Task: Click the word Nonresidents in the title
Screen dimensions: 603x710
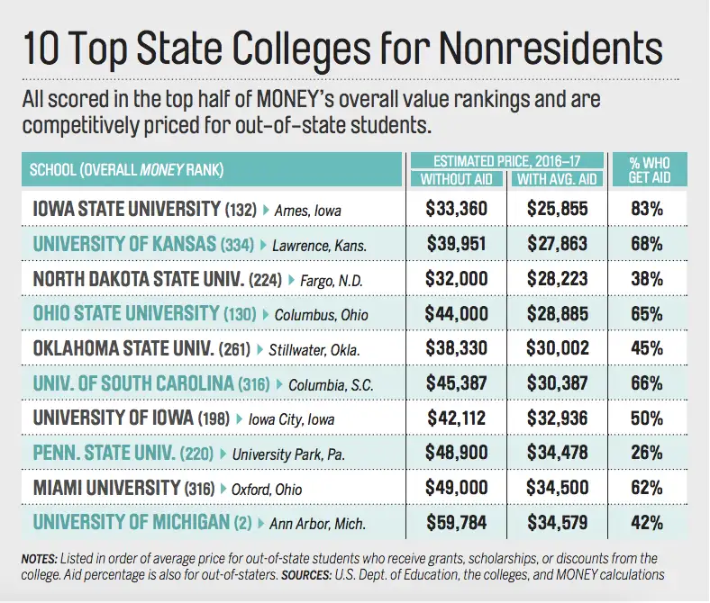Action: (x=542, y=48)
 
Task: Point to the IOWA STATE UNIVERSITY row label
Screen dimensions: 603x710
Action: (x=125, y=209)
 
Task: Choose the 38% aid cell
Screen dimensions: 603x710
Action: (x=646, y=279)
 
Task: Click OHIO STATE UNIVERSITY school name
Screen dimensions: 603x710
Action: (x=125, y=314)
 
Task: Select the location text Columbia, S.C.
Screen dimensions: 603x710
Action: (x=331, y=385)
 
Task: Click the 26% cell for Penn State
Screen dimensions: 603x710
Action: (x=646, y=453)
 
